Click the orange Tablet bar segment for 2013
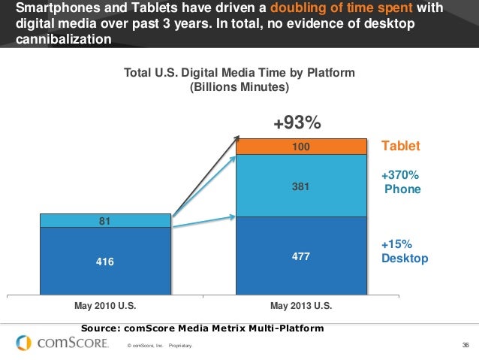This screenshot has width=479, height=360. point(300,146)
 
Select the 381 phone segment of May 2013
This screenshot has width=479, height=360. point(300,186)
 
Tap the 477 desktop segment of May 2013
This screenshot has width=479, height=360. point(300,256)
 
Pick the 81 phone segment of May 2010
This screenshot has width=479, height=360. point(105,220)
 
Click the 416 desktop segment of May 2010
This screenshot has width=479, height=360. point(105,261)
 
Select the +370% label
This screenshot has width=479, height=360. point(399,174)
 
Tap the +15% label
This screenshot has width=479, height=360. point(396,244)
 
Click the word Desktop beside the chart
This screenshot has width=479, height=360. point(405,259)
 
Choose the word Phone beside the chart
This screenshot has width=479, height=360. point(402,189)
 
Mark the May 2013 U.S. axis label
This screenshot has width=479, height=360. point(300,307)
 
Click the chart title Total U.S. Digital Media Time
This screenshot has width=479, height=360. point(239,72)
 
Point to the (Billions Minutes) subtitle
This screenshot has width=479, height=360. point(239,86)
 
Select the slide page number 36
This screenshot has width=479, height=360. point(465,346)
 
